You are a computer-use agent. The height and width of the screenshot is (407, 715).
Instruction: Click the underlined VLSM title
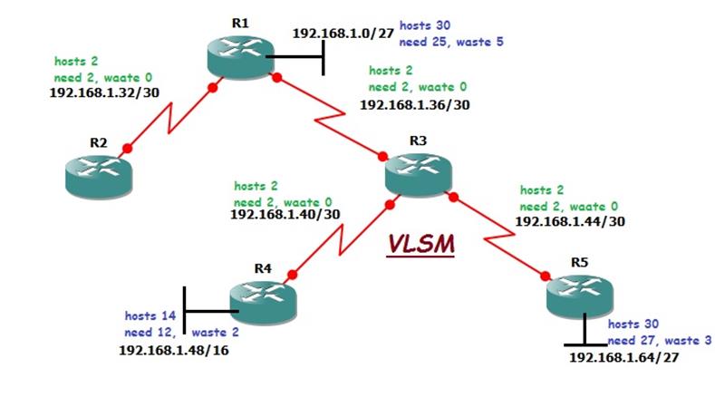click(421, 245)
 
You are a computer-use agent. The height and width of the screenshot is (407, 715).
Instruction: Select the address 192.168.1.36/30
click(414, 105)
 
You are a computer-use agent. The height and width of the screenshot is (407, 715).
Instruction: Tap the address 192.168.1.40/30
click(285, 215)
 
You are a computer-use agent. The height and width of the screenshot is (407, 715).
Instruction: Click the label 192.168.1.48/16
click(173, 350)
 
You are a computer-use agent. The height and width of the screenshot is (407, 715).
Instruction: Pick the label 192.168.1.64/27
click(623, 358)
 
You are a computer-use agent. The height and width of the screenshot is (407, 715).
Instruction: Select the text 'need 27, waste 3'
click(659, 340)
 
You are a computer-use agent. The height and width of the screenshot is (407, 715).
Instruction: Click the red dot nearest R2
click(127, 148)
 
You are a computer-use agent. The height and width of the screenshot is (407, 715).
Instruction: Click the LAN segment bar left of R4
click(184, 311)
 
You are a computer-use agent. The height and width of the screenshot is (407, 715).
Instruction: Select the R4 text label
click(263, 268)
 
